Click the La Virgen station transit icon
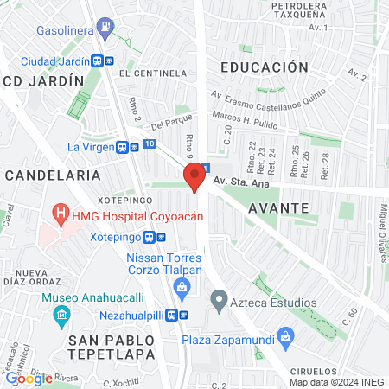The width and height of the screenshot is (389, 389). pos(124,147)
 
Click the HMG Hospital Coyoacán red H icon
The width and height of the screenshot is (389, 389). pos(61,212)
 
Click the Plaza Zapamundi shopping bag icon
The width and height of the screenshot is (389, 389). pos(286,336)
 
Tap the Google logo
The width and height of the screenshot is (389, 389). pos(29,378)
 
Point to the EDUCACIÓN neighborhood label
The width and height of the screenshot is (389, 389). pos(264,67)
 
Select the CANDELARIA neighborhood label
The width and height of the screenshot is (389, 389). pos(53,175)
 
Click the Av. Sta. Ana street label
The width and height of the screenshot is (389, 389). pos(243,182)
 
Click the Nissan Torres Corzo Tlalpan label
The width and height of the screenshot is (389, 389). pos(164,264)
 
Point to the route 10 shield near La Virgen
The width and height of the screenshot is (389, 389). pos(150,143)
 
